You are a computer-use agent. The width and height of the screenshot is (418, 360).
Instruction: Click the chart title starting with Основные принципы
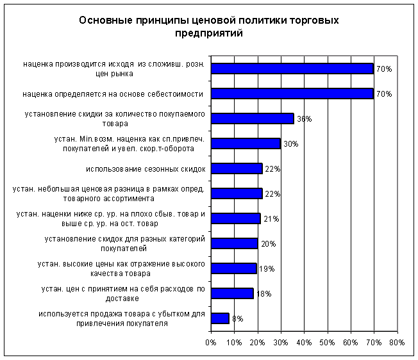(x=209, y=27)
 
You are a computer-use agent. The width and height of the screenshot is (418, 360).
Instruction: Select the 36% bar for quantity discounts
(x=252, y=119)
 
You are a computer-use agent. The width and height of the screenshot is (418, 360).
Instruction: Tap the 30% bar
(x=246, y=143)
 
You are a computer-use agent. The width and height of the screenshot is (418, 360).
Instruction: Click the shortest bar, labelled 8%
(x=220, y=318)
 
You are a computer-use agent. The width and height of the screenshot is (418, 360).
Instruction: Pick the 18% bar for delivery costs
(x=232, y=293)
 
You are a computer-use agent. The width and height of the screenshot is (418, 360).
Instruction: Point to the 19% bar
(x=233, y=268)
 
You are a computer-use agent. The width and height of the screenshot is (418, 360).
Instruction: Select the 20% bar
(x=234, y=243)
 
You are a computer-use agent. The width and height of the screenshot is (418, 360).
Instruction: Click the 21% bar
(x=235, y=218)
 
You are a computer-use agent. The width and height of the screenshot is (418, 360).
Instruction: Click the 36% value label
(x=304, y=119)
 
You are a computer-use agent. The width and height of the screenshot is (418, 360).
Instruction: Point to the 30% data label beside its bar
(x=290, y=144)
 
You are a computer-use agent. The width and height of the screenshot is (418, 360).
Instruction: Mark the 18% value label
(x=263, y=294)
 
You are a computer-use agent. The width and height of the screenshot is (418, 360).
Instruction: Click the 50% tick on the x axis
(x=328, y=343)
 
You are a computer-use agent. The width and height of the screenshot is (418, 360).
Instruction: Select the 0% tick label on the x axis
(x=211, y=343)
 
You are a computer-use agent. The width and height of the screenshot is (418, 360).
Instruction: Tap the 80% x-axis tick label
(x=397, y=343)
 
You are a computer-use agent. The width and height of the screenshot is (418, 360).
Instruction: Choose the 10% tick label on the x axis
(x=234, y=343)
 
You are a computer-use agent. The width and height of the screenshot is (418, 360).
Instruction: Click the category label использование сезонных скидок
(x=145, y=169)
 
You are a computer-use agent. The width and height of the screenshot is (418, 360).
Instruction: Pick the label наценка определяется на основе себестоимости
(x=112, y=94)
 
